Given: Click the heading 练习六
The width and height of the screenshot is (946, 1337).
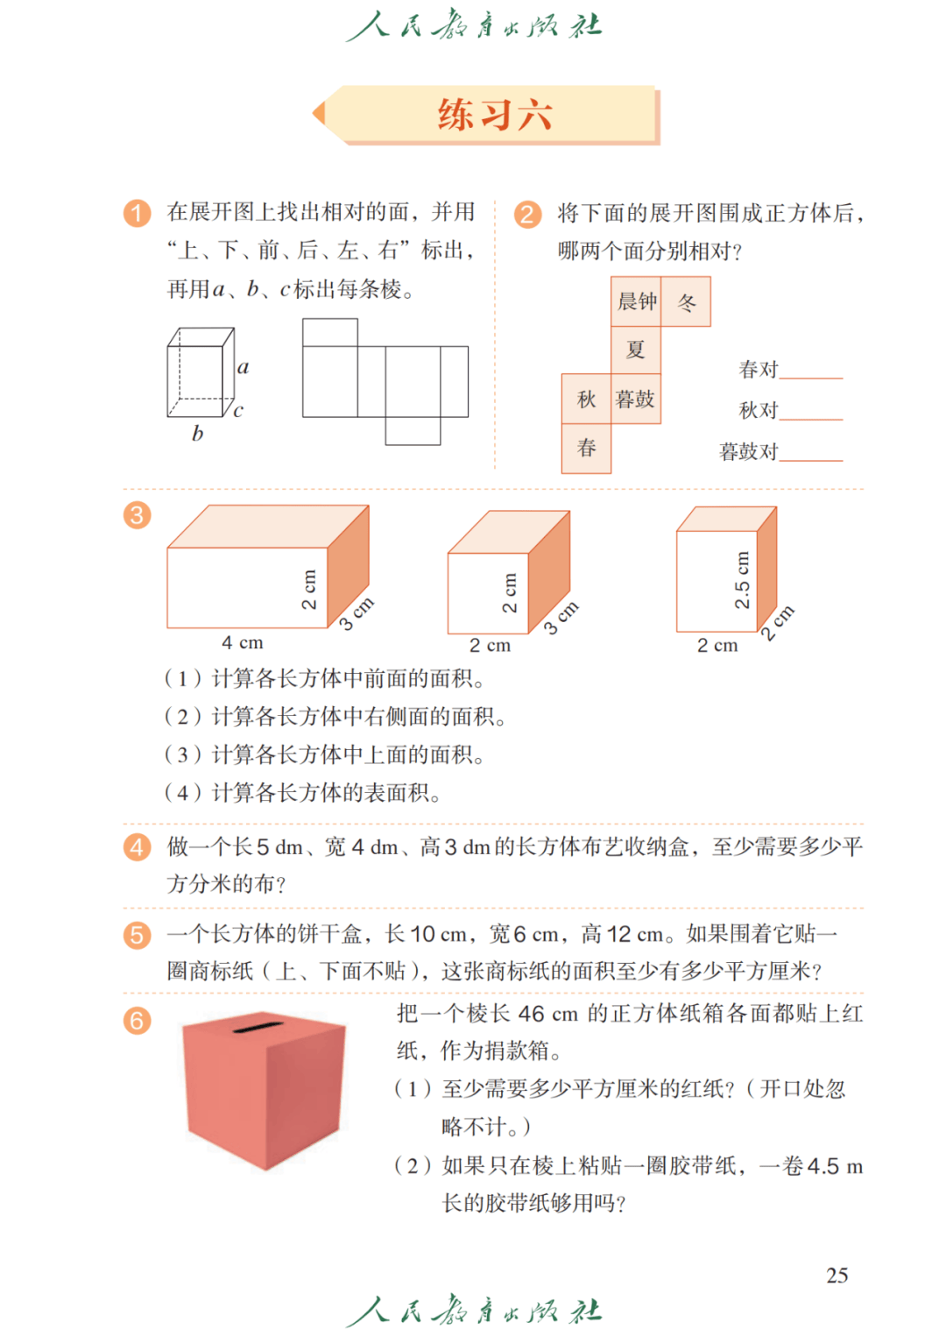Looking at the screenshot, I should [x=495, y=115].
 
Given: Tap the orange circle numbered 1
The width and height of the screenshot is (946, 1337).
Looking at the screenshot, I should [x=137, y=213].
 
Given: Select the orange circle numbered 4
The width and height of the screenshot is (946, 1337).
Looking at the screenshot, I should [x=137, y=847].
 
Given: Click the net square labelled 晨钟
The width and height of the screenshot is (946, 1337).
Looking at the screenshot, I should [x=636, y=302].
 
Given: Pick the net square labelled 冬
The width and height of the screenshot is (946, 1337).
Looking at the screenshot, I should [x=686, y=302].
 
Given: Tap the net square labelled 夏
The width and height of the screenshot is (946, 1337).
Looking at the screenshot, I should [x=636, y=350].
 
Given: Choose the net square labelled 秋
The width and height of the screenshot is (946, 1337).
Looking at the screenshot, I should [x=586, y=400].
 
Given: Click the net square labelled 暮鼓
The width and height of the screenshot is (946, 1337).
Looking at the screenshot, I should [x=636, y=400].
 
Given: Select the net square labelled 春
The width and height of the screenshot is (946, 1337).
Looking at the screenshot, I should [x=586, y=449].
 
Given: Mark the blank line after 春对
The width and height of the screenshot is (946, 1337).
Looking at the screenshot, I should [x=811, y=376].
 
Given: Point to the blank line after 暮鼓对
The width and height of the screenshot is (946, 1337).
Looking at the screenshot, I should [x=811, y=458].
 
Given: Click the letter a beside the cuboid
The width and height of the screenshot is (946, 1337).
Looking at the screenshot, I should [x=244, y=367].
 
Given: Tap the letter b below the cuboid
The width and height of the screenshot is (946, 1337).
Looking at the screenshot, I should [x=197, y=433].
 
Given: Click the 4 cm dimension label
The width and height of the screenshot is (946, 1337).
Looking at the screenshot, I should [x=243, y=643].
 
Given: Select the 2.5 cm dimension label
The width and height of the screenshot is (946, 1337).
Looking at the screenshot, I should [x=742, y=580].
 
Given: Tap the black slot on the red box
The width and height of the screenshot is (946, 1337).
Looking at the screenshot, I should [x=258, y=1027].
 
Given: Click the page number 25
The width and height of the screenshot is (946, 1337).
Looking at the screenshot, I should [x=837, y=1276].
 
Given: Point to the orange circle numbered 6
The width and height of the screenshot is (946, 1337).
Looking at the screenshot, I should [x=137, y=1021].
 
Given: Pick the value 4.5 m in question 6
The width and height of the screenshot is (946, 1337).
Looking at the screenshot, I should [x=835, y=1167].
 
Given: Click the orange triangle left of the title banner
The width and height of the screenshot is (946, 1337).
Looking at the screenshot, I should [x=319, y=113].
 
